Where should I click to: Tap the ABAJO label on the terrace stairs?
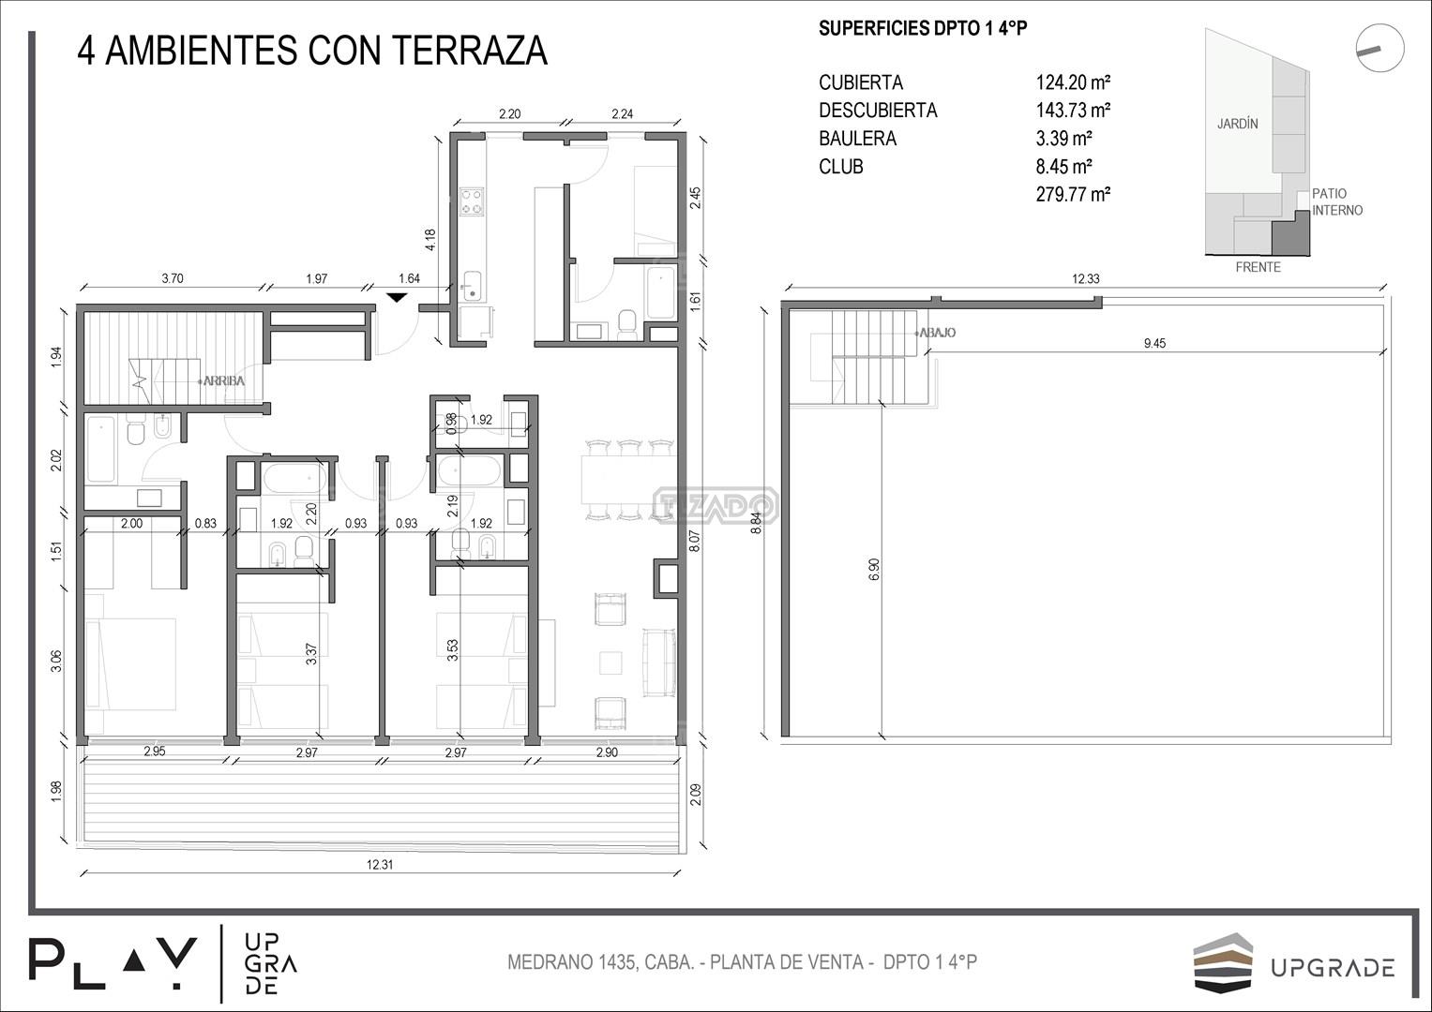click(937, 333)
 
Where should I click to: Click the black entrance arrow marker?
click(397, 297)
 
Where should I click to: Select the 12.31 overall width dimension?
click(380, 864)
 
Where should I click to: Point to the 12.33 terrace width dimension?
click(1086, 278)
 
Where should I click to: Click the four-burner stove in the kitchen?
click(472, 201)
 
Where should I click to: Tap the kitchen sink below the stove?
click(472, 286)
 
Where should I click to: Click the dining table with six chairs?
click(629, 478)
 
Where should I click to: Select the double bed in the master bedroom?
click(130, 663)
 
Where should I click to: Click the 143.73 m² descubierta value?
click(1073, 110)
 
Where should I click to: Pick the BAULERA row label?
click(857, 138)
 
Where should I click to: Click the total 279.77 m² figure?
click(1073, 194)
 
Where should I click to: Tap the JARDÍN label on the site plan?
click(1238, 124)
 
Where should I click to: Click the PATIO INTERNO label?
click(1337, 201)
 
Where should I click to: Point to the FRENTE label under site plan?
click(1259, 267)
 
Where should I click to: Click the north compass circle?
click(1379, 48)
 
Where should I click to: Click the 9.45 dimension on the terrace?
click(1154, 343)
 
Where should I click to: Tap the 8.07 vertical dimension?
click(696, 542)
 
